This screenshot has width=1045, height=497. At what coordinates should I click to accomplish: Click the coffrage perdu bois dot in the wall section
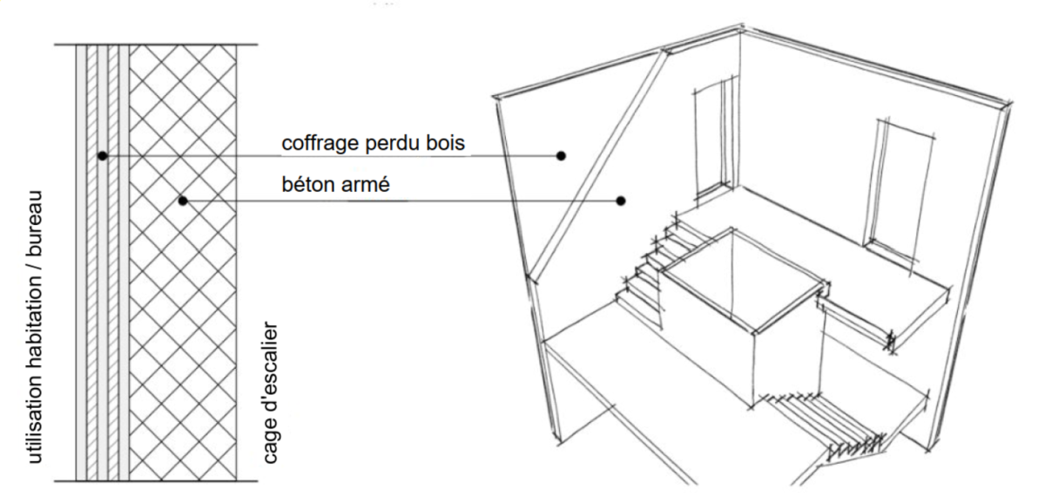point(103,156)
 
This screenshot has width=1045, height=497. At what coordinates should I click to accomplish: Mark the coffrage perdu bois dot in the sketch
point(562,156)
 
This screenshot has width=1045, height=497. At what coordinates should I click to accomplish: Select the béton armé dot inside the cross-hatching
point(183,201)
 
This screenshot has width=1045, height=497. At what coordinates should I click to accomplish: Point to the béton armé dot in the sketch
point(621,201)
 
